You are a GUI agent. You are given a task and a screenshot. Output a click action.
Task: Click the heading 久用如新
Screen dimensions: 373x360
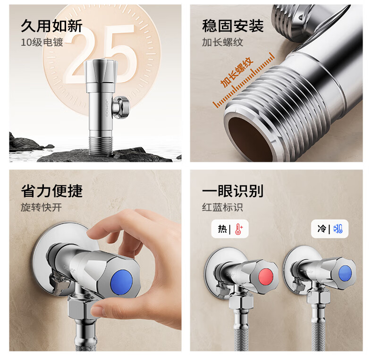click(51, 26)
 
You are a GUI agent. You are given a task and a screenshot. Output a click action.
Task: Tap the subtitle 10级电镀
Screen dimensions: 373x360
click(42, 42)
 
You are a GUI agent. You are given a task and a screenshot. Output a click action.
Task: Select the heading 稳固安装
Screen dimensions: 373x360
click(233, 26)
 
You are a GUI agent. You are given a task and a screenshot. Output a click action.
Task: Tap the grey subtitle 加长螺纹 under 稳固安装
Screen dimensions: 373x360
click(223, 42)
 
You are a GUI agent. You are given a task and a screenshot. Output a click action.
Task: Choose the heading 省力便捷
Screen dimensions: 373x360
click(51, 191)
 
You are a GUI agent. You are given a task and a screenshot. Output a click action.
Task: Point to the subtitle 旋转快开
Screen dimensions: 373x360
click(42, 207)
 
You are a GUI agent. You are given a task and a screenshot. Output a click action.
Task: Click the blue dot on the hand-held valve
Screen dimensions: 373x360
click(121, 283)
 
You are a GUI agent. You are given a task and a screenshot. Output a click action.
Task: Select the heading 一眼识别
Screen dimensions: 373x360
click(233, 191)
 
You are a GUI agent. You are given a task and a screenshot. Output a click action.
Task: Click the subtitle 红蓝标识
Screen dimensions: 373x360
click(223, 207)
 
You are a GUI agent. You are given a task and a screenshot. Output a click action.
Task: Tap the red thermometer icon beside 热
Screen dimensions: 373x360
click(238, 229)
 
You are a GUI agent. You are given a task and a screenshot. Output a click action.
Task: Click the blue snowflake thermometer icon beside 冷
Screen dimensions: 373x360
click(338, 229)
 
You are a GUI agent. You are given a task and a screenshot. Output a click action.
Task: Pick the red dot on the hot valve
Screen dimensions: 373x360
click(266, 277)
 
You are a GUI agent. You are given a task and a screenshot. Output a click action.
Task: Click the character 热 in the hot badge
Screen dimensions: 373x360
click(222, 229)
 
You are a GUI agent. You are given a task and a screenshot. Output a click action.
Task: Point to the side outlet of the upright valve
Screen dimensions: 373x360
click(121, 107)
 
